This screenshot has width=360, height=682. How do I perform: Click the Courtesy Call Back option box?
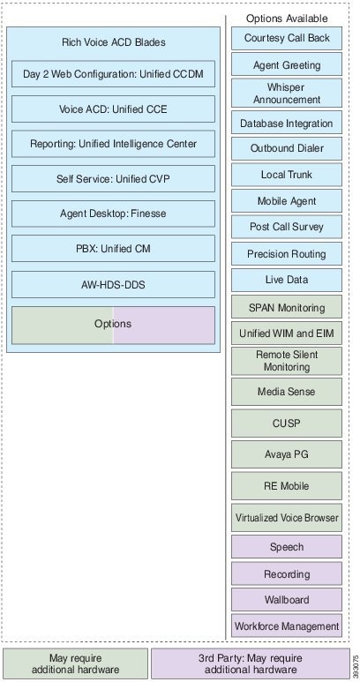287,38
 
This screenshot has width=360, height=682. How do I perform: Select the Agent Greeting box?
287,64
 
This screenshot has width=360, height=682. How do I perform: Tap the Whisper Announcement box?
287,93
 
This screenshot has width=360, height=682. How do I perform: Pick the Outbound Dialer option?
287,148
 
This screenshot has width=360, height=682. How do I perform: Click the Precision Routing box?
287,253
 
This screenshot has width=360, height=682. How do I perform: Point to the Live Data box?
287,280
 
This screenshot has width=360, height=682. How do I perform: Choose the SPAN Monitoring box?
287,307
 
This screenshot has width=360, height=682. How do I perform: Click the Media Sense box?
287,392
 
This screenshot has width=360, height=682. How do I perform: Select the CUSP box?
287,423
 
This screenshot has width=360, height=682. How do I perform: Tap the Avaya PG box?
287,454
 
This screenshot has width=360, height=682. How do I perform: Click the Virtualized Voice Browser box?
287,518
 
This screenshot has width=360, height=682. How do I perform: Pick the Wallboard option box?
287,599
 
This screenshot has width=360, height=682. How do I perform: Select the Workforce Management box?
287,626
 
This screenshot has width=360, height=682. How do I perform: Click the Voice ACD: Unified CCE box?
113,109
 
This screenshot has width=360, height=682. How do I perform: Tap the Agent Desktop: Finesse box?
113,214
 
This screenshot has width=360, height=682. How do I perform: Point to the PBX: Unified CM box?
113,248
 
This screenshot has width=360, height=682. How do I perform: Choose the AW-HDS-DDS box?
113,284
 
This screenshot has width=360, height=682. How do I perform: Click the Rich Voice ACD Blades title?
114,42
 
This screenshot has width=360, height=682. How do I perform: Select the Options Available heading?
287,19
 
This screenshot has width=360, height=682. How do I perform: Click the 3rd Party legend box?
251,663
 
